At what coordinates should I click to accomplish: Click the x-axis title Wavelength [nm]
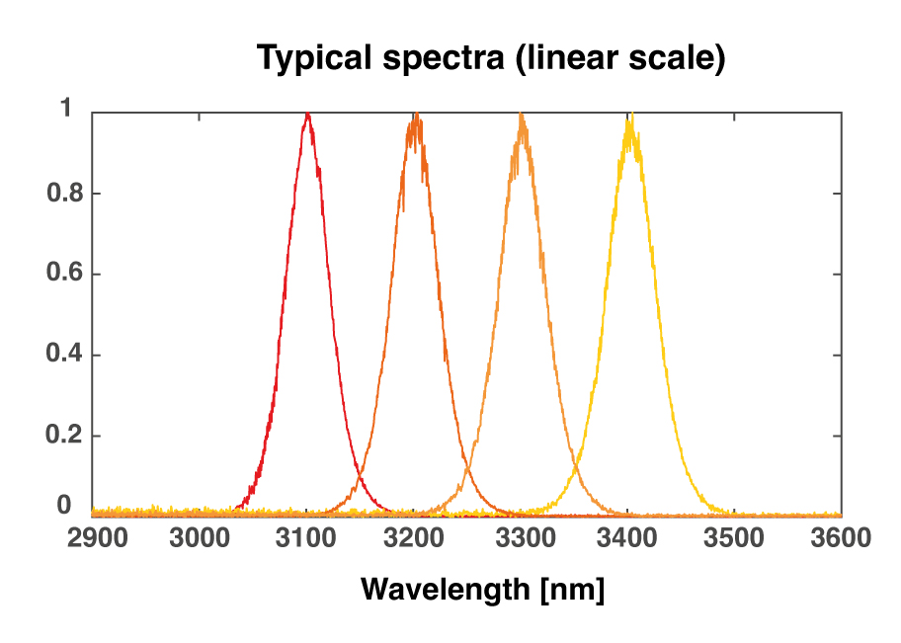click(x=482, y=590)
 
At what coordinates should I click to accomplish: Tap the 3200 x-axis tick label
click(x=414, y=538)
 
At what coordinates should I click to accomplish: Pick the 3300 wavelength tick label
click(x=521, y=538)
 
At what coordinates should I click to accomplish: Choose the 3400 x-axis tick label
click(x=628, y=538)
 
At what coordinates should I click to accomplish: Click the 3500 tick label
click(x=735, y=538)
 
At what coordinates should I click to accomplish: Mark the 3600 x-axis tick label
click(x=841, y=538)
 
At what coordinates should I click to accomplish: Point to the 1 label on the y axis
click(x=65, y=110)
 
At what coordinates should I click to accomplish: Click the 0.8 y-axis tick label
click(x=59, y=193)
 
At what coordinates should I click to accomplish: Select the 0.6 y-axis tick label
click(x=59, y=274)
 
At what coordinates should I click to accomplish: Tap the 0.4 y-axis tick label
click(x=59, y=355)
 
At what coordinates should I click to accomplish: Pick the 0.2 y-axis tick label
click(x=59, y=436)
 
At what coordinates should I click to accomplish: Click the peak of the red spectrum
click(x=308, y=115)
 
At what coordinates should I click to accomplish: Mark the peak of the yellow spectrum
click(x=629, y=119)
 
